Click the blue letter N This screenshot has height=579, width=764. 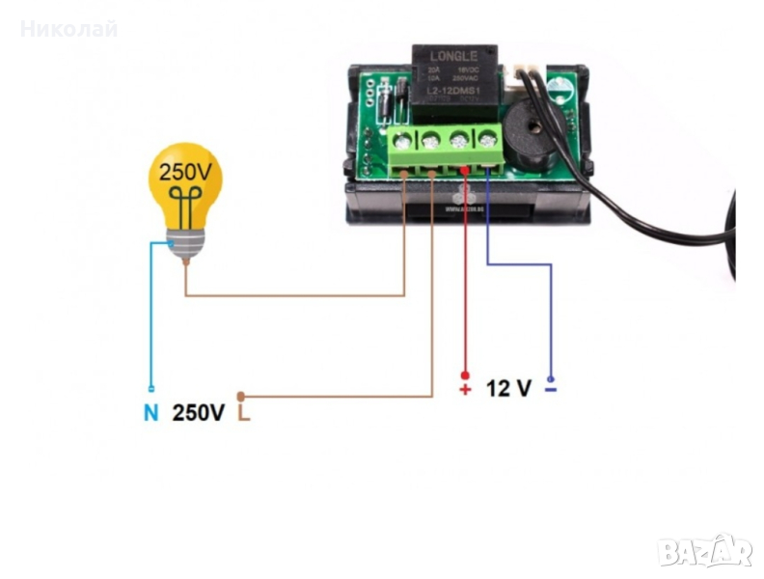(x=150, y=413)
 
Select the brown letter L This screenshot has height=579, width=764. (x=244, y=413)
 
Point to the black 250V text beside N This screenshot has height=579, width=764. (x=199, y=413)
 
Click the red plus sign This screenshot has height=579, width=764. (x=465, y=390)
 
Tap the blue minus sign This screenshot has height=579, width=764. (x=551, y=390)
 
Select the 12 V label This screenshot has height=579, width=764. (x=508, y=389)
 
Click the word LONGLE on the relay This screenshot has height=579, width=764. (x=454, y=56)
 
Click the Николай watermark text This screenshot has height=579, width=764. (x=69, y=29)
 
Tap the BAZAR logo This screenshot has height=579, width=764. (x=704, y=550)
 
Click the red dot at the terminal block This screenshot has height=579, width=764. (x=465, y=171)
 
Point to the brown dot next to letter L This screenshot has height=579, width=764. (x=242, y=397)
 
